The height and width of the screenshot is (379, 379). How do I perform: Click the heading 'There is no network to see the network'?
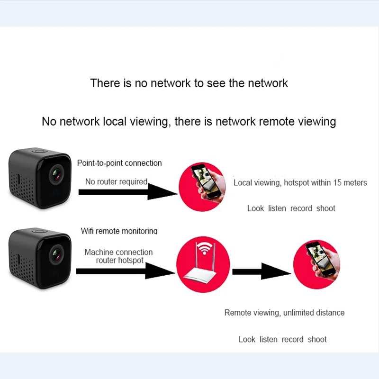tap(189, 83)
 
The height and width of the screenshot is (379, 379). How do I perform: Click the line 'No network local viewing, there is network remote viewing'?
tap(189, 121)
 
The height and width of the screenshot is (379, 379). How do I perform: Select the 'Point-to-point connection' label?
tap(119, 163)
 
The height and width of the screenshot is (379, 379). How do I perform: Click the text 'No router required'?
tap(116, 181)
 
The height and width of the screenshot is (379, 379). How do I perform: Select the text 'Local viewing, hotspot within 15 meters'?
tap(300, 183)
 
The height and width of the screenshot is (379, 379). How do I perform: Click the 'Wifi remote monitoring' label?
tap(119, 231)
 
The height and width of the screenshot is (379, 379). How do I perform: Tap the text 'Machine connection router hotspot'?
tap(118, 256)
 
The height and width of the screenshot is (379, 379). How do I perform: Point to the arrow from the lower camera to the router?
tap(126, 271)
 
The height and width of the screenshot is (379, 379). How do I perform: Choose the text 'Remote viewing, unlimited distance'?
tap(284, 313)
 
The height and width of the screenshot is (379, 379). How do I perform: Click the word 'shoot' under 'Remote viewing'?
tap(317, 339)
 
